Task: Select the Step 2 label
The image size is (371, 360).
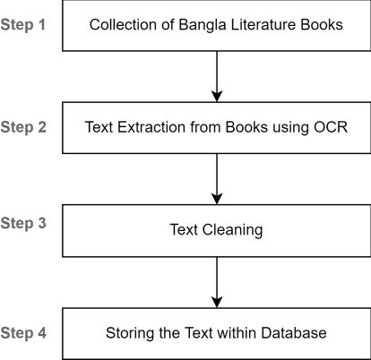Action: [x=24, y=126]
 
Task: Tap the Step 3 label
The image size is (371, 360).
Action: [x=24, y=223]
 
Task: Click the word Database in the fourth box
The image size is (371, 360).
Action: [x=296, y=333]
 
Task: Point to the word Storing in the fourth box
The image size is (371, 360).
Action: [x=129, y=333]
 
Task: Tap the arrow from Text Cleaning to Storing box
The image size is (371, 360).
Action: [x=216, y=281]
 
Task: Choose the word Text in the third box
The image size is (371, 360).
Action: [x=184, y=230]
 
